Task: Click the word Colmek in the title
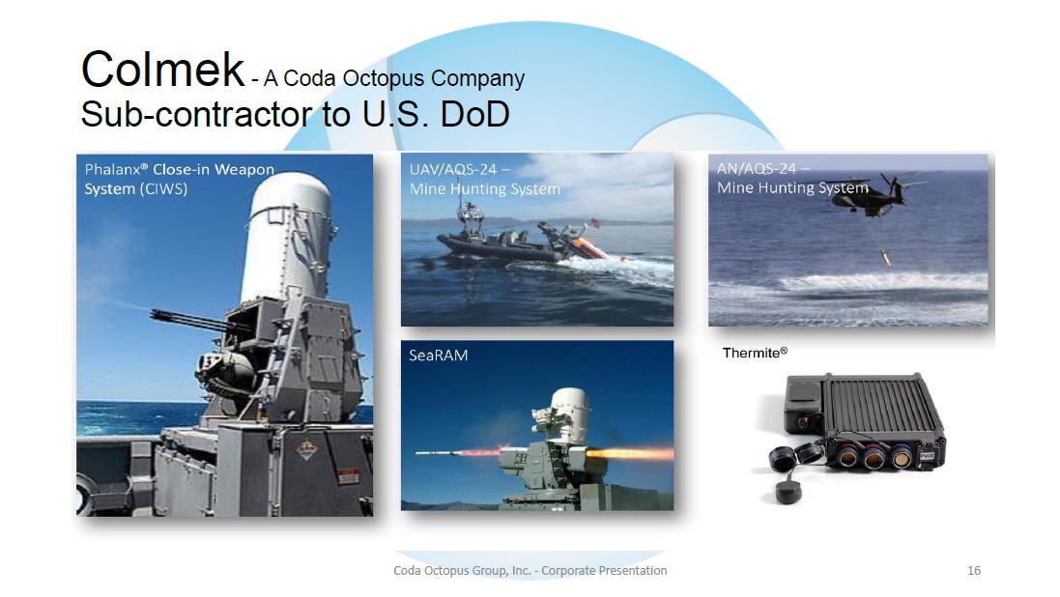click(x=162, y=69)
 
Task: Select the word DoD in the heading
click(x=474, y=114)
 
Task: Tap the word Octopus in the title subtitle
click(x=384, y=78)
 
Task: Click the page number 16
click(x=973, y=571)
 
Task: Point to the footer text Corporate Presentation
click(x=604, y=571)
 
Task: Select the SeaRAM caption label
click(x=438, y=355)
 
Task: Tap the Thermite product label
click(x=755, y=353)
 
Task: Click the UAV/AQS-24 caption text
click(x=459, y=170)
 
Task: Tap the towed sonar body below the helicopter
click(x=885, y=258)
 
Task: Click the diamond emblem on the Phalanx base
click(x=307, y=449)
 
